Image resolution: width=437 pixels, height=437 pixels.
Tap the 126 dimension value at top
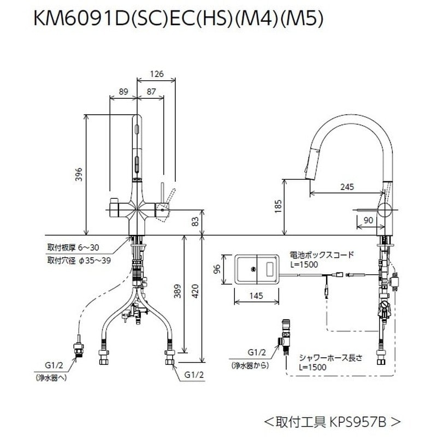click(x=157, y=74)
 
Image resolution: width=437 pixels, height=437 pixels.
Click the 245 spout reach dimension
click(x=346, y=187)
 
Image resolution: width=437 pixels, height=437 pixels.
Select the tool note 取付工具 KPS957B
click(x=333, y=422)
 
